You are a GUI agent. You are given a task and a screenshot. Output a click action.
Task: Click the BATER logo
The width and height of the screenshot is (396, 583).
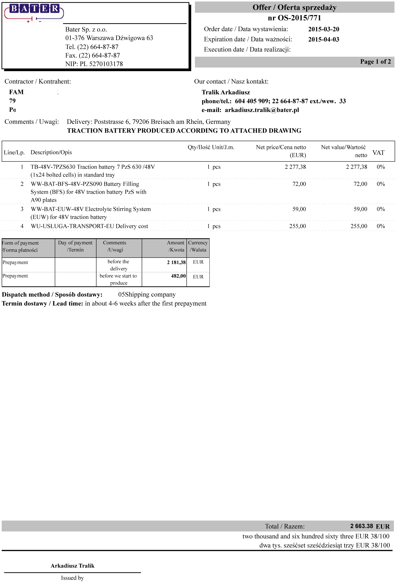pyautogui.click(x=34, y=13)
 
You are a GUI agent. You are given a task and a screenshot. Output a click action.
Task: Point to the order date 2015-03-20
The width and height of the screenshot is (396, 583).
pyautogui.click(x=323, y=29)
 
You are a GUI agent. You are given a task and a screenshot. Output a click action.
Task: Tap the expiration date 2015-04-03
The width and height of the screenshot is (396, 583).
pyautogui.click(x=323, y=39)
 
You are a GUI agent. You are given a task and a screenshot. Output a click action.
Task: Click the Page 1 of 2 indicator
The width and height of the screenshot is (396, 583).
pyautogui.click(x=375, y=62)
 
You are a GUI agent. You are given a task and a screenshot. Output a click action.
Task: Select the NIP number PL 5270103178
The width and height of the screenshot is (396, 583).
pyautogui.click(x=101, y=64)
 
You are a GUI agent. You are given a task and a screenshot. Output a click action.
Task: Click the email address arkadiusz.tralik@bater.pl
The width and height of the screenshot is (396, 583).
pyautogui.click(x=262, y=110)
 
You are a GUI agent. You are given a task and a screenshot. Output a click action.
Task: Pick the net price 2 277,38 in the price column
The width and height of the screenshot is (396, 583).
pyautogui.click(x=295, y=167)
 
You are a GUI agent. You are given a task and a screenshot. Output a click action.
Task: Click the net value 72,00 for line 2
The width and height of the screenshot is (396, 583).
pyautogui.click(x=360, y=184)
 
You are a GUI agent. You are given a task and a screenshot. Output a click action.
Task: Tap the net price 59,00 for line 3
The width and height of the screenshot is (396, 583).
pyautogui.click(x=299, y=209)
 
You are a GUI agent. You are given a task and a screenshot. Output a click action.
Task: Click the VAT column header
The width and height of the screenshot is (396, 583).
pyautogui.click(x=378, y=153)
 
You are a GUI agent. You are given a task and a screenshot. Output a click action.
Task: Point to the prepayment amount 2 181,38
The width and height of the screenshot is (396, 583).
pyautogui.click(x=176, y=262)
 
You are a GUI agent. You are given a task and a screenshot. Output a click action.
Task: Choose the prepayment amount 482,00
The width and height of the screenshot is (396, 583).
pyautogui.click(x=178, y=276)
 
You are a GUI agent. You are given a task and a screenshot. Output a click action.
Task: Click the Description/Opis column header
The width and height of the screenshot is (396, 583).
pyautogui.click(x=51, y=152)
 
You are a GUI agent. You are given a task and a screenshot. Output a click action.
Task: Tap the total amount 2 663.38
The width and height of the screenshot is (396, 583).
pyautogui.click(x=361, y=526)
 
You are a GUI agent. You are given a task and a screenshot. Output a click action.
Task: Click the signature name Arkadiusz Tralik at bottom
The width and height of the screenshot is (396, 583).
pyautogui.click(x=72, y=566)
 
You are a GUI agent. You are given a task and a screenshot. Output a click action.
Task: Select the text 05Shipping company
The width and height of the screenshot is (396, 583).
pyautogui.click(x=147, y=295)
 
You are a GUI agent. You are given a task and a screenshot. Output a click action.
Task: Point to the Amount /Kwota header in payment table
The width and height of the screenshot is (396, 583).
pyautogui.click(x=176, y=246)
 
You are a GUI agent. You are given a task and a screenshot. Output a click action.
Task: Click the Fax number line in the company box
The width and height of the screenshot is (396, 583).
pyautogui.click(x=92, y=56)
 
